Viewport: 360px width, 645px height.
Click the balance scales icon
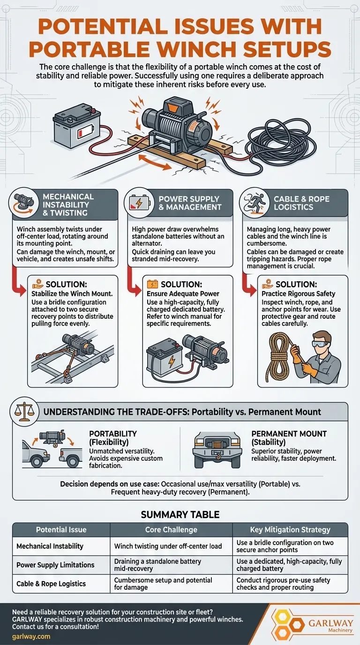(24, 412)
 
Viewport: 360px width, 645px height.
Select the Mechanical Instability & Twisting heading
(68, 205)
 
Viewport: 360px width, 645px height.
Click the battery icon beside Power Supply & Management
(139, 203)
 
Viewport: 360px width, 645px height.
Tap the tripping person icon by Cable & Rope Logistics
(255, 202)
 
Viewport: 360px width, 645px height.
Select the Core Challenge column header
(171, 530)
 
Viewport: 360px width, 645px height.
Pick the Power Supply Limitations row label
(55, 565)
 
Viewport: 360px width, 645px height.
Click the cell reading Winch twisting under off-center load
(168, 546)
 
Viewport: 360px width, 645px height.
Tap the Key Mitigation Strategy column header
(290, 530)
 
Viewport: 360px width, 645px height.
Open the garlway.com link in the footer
(31, 637)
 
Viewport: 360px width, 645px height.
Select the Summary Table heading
(180, 515)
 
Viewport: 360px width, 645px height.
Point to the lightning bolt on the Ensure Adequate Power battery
(172, 361)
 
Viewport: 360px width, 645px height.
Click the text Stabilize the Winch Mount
(72, 294)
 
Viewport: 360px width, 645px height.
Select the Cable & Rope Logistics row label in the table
(51, 584)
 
